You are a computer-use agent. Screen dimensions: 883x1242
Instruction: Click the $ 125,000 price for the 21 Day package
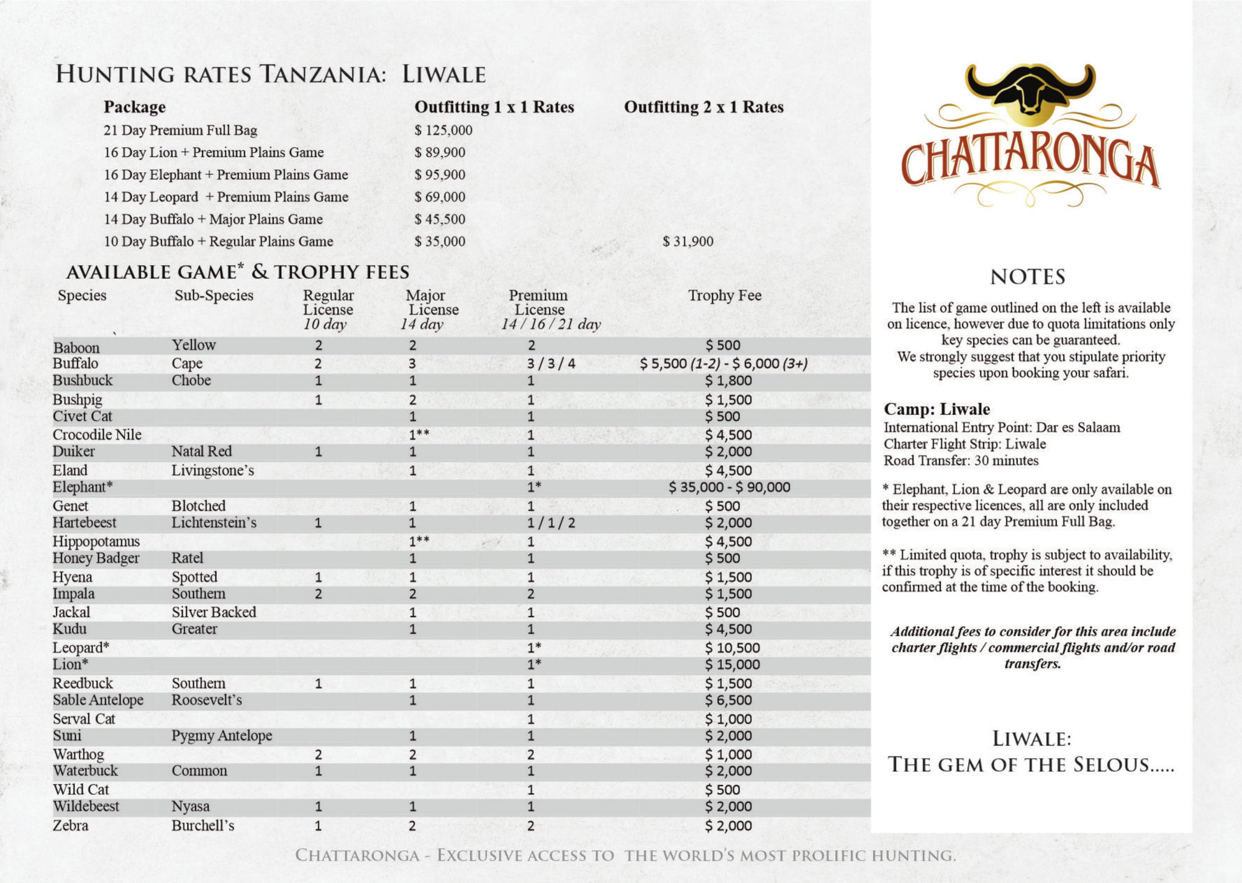pos(443,130)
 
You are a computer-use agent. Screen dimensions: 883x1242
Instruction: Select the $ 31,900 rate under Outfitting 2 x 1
pos(687,242)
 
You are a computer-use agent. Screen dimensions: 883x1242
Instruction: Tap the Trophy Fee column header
pos(725,296)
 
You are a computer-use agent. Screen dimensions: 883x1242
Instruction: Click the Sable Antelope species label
pos(98,700)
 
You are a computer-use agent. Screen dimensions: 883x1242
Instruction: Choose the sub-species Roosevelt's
pos(207,700)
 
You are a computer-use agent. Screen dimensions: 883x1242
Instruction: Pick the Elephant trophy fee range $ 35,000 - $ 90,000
pos(729,487)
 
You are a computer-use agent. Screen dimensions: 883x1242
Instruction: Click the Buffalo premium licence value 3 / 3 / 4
pos(551,364)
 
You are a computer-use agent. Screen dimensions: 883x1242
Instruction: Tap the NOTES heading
pos(1028,277)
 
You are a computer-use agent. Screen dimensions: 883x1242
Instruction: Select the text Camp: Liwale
pos(936,409)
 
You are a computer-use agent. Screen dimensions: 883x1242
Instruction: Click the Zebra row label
pos(70,826)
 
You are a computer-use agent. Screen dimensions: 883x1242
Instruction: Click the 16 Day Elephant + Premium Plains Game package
pos(226,175)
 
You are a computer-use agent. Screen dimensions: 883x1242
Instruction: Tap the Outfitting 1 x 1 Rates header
pos(494,107)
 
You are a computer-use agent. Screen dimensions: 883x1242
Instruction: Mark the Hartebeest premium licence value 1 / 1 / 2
pos(551,523)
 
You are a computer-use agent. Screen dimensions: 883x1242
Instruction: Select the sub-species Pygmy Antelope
pos(222,736)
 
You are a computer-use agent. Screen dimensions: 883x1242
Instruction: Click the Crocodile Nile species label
pos(97,435)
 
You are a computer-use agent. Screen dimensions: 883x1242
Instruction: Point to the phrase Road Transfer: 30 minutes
pos(961,461)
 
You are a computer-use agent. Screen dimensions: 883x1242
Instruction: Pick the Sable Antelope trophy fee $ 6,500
pos(728,700)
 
